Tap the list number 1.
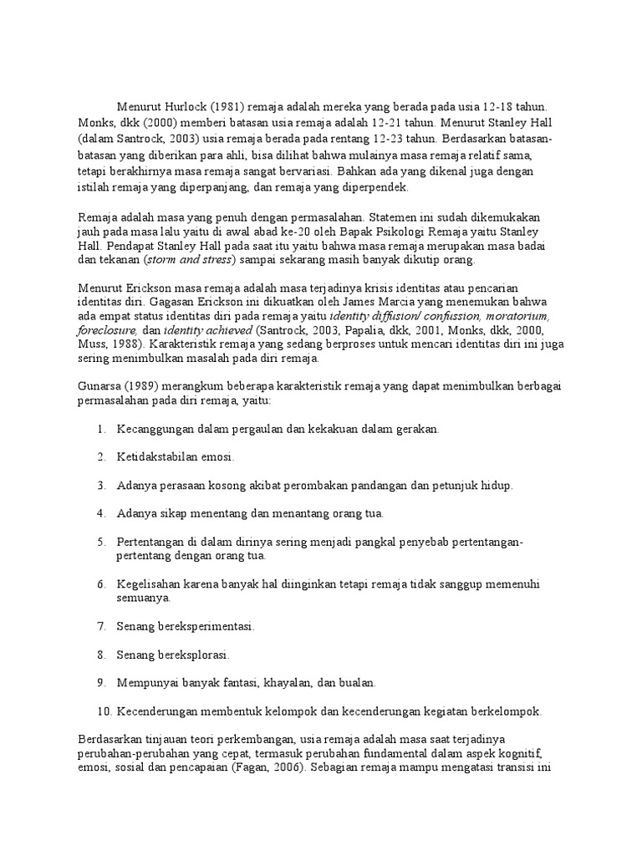tap(100, 429)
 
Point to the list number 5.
tap(100, 542)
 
